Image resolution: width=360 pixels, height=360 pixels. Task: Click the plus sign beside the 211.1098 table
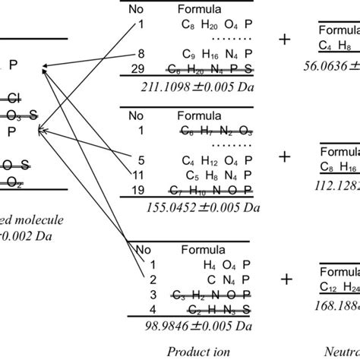point(286,40)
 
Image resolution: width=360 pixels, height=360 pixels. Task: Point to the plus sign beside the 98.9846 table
point(286,280)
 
